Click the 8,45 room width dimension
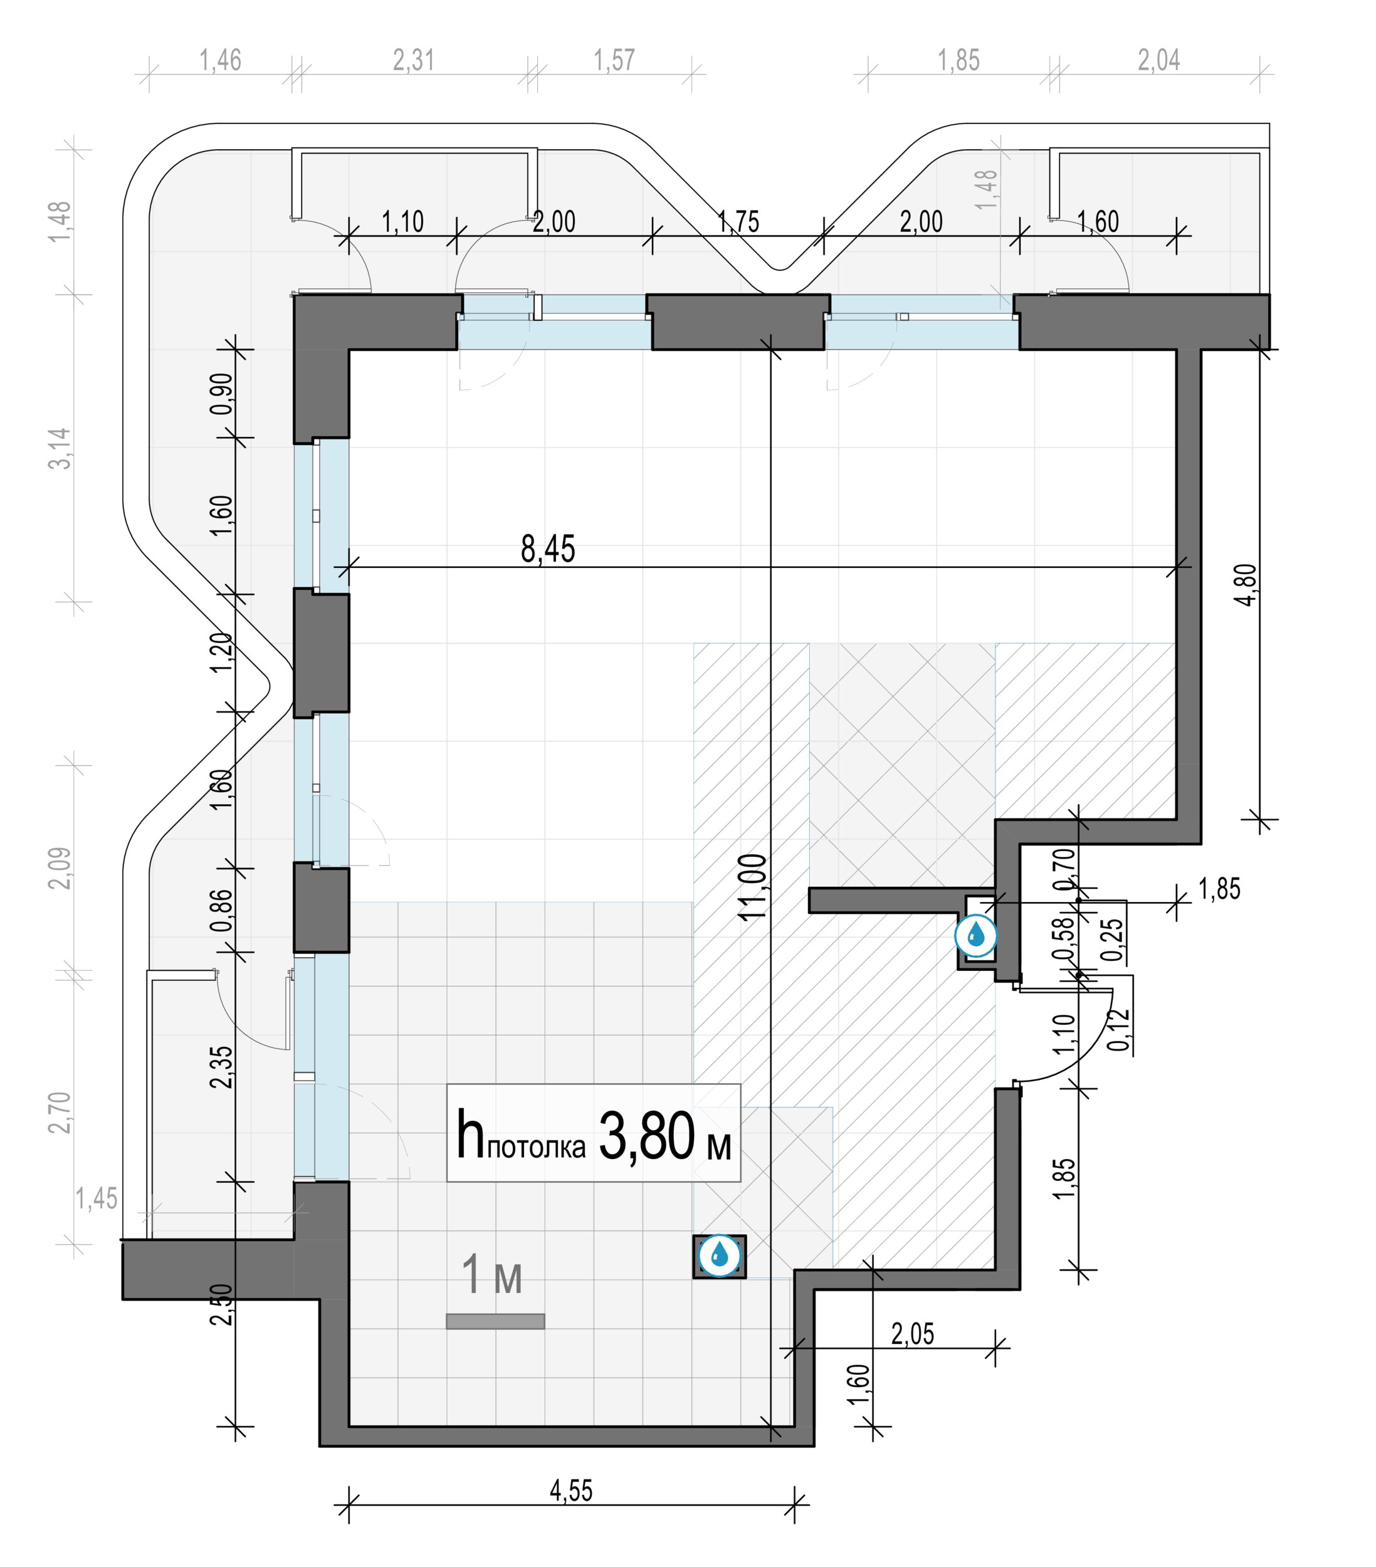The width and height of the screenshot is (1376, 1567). (x=547, y=549)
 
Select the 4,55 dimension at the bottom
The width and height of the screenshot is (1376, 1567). (x=571, y=1489)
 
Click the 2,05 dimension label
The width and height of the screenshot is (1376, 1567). (x=912, y=1334)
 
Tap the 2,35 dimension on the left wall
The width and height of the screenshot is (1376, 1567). (x=221, y=1067)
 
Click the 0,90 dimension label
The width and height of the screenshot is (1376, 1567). (x=221, y=393)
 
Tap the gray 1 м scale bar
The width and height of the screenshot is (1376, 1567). (x=495, y=1321)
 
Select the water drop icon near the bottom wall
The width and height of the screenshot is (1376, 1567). (x=719, y=1255)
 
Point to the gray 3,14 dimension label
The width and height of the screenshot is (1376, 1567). (x=60, y=449)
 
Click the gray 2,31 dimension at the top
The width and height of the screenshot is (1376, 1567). (x=413, y=60)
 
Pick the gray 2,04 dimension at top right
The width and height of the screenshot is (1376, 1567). (x=1158, y=60)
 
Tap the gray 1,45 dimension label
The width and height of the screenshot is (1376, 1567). (x=97, y=1198)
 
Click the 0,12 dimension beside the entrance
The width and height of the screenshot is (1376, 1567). (x=1119, y=1030)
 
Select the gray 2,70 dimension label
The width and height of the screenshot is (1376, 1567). (x=60, y=1113)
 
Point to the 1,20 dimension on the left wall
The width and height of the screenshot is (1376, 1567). (x=221, y=652)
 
